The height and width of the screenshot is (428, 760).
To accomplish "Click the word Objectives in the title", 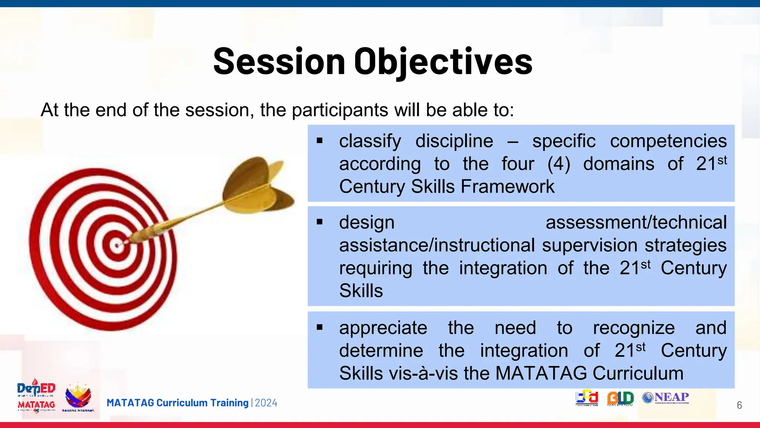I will (443, 62).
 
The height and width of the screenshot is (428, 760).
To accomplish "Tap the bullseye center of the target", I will (117, 245).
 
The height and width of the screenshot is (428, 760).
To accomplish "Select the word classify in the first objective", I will (370, 141).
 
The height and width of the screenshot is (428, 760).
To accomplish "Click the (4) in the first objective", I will (558, 164).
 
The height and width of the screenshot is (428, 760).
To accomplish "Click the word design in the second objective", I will (367, 223).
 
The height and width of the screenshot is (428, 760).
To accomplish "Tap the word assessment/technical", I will (636, 223).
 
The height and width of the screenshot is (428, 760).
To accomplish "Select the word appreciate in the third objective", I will (383, 328).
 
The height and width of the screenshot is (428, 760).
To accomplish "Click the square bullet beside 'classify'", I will (320, 141).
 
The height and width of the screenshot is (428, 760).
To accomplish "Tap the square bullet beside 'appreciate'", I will (320, 328).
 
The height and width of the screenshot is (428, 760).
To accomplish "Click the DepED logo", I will (36, 389).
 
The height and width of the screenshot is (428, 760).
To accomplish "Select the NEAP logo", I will (666, 398).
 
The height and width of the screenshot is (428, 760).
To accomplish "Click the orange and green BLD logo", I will (620, 398).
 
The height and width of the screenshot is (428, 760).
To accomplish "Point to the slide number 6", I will (739, 405).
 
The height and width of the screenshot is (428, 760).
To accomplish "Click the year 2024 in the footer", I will (266, 403).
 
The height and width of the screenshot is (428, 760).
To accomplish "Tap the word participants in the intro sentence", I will (340, 110).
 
